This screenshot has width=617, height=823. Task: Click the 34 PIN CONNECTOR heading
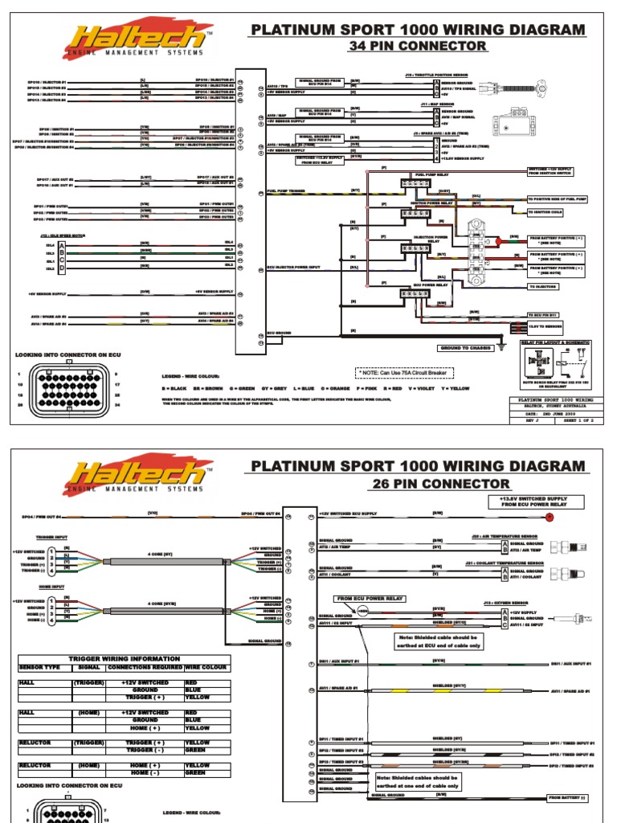pos(417,46)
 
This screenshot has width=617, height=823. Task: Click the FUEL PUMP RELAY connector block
pos(412,184)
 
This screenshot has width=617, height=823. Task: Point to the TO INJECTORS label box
pos(544,286)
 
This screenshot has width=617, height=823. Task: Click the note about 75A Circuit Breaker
pos(405,372)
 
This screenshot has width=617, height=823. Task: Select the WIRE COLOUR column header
pos(207,667)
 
